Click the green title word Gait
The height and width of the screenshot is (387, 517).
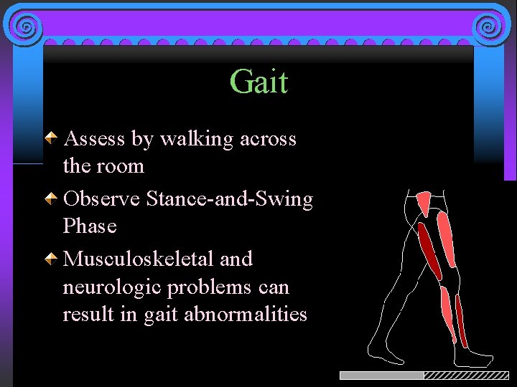coord(258,82)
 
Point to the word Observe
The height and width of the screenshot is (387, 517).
coord(101,199)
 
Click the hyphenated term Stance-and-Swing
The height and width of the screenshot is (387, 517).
coord(229,199)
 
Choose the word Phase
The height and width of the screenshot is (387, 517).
coord(90,226)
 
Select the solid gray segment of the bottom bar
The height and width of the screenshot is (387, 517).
coord(381,376)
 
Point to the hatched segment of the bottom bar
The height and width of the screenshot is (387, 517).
coord(466,376)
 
